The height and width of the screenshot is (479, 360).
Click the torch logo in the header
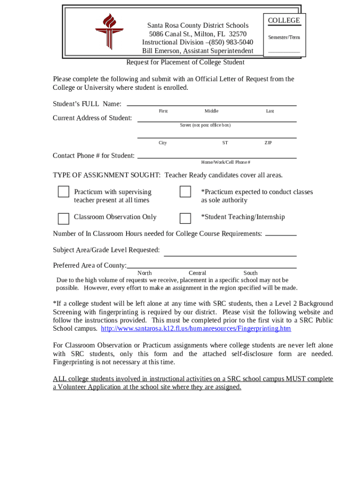click(109, 31)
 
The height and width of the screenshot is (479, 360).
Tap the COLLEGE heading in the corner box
click(284, 21)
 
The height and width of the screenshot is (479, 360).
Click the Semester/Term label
click(284, 37)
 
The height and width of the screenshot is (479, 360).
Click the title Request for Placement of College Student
click(185, 62)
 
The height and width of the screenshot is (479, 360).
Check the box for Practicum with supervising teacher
click(64, 192)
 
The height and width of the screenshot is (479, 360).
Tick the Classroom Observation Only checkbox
click(64, 218)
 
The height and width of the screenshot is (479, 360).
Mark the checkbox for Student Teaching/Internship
click(186, 218)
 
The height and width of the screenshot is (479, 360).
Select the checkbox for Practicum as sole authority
click(186, 192)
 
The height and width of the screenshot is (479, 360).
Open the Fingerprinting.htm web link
click(196, 328)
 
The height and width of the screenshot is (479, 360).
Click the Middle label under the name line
click(211, 111)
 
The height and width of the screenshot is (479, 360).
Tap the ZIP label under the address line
click(268, 143)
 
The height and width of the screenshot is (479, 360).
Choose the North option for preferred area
click(144, 273)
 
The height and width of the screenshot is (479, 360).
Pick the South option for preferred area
click(250, 273)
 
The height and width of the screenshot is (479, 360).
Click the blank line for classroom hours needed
click(281, 234)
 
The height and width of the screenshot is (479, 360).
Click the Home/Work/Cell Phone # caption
click(225, 162)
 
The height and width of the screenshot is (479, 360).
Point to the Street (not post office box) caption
click(205, 125)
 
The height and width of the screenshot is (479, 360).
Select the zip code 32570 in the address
click(236, 34)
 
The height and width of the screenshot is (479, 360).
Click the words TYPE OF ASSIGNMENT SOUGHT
click(107, 175)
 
